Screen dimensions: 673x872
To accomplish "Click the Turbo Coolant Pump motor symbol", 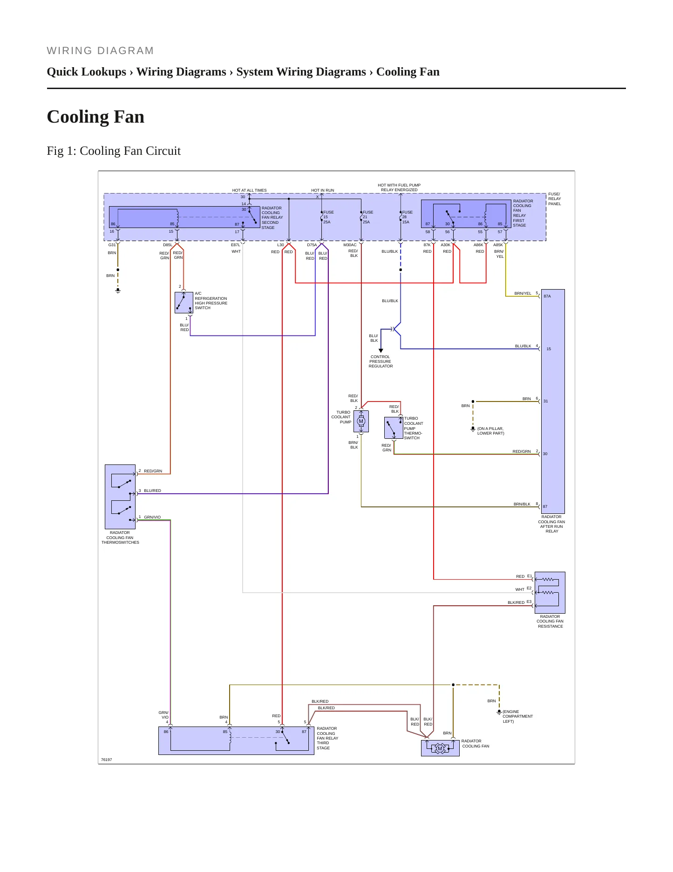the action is click(x=361, y=421).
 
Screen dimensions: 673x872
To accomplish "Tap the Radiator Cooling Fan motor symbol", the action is click(x=440, y=748).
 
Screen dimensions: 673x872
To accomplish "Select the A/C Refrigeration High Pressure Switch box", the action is click(x=184, y=303).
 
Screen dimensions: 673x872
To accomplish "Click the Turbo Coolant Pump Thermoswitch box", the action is click(x=394, y=428).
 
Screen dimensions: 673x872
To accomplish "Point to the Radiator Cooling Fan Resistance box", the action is click(x=550, y=593).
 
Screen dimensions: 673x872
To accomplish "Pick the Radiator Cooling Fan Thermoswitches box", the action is click(x=120, y=497).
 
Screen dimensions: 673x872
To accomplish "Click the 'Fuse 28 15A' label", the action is click(x=407, y=217).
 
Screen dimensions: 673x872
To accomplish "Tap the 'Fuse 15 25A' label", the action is click(x=328, y=217).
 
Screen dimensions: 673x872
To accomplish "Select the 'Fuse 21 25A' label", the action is click(x=368, y=217).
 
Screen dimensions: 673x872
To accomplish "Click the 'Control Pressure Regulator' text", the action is click(x=381, y=361).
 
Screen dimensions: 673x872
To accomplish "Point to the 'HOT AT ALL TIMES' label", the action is click(x=250, y=190).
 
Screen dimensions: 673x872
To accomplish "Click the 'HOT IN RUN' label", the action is click(x=323, y=190).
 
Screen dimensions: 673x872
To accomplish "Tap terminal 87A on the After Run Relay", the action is click(x=547, y=296).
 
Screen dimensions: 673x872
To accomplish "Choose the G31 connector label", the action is click(x=112, y=245).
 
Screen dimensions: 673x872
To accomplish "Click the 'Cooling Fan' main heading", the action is click(x=95, y=117).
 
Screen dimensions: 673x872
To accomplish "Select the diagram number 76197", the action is click(x=107, y=760).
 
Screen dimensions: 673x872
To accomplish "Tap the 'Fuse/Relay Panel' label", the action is click(x=555, y=199).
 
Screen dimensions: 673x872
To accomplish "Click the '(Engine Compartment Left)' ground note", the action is click(x=517, y=716).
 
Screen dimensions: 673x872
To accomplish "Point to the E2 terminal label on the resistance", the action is click(x=529, y=588).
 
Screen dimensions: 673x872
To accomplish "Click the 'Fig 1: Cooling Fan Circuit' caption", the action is click(x=114, y=151).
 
